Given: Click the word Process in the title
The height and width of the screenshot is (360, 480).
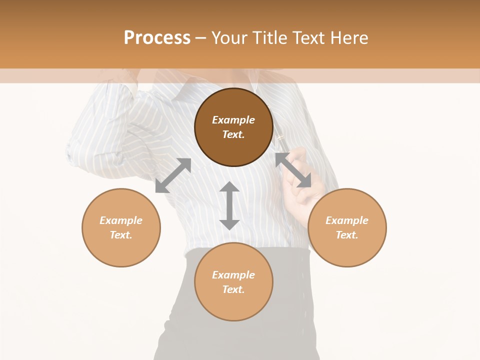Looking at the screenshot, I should [157, 38].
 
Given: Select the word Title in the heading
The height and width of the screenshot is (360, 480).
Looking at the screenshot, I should [271, 38].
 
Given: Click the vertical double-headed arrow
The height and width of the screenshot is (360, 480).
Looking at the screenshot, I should [229, 205].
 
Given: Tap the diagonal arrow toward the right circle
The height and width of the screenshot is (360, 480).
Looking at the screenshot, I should [293, 170].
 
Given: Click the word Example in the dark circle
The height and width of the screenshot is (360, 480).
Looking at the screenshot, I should [233, 120].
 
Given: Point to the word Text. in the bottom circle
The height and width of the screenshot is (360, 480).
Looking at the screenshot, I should [233, 289].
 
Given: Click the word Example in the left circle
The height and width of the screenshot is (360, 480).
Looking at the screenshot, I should [121, 220].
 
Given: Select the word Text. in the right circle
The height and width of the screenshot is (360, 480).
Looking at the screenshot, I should [347, 235].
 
